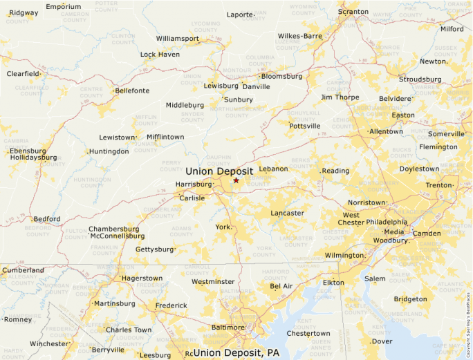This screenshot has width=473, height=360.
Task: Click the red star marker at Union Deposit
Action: point(236,180)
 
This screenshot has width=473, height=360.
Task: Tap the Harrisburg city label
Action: point(194,184)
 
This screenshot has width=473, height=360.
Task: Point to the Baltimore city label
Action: point(228,327)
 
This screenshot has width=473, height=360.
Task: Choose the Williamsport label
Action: point(176,38)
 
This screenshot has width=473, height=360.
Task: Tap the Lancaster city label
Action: point(287,213)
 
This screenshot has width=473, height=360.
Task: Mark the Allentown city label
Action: point(386,131)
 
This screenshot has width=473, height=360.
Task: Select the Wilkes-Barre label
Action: point(300,36)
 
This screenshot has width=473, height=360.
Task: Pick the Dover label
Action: point(382,341)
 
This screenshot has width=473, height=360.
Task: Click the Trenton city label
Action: point(438,185)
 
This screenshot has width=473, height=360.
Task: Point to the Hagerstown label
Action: point(142,278)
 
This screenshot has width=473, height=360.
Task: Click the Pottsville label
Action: point(305,126)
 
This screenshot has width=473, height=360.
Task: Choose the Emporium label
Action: point(63,7)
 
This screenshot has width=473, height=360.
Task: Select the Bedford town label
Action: point(47,219)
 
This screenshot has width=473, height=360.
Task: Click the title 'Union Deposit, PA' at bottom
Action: point(236,353)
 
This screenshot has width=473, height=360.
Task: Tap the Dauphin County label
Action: point(217,160)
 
